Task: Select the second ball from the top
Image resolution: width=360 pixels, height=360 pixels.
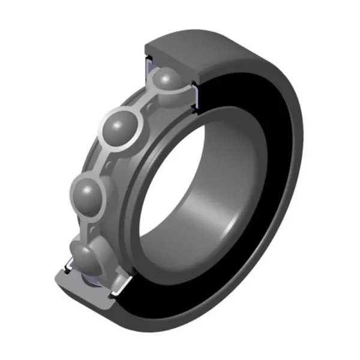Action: click(122, 127)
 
